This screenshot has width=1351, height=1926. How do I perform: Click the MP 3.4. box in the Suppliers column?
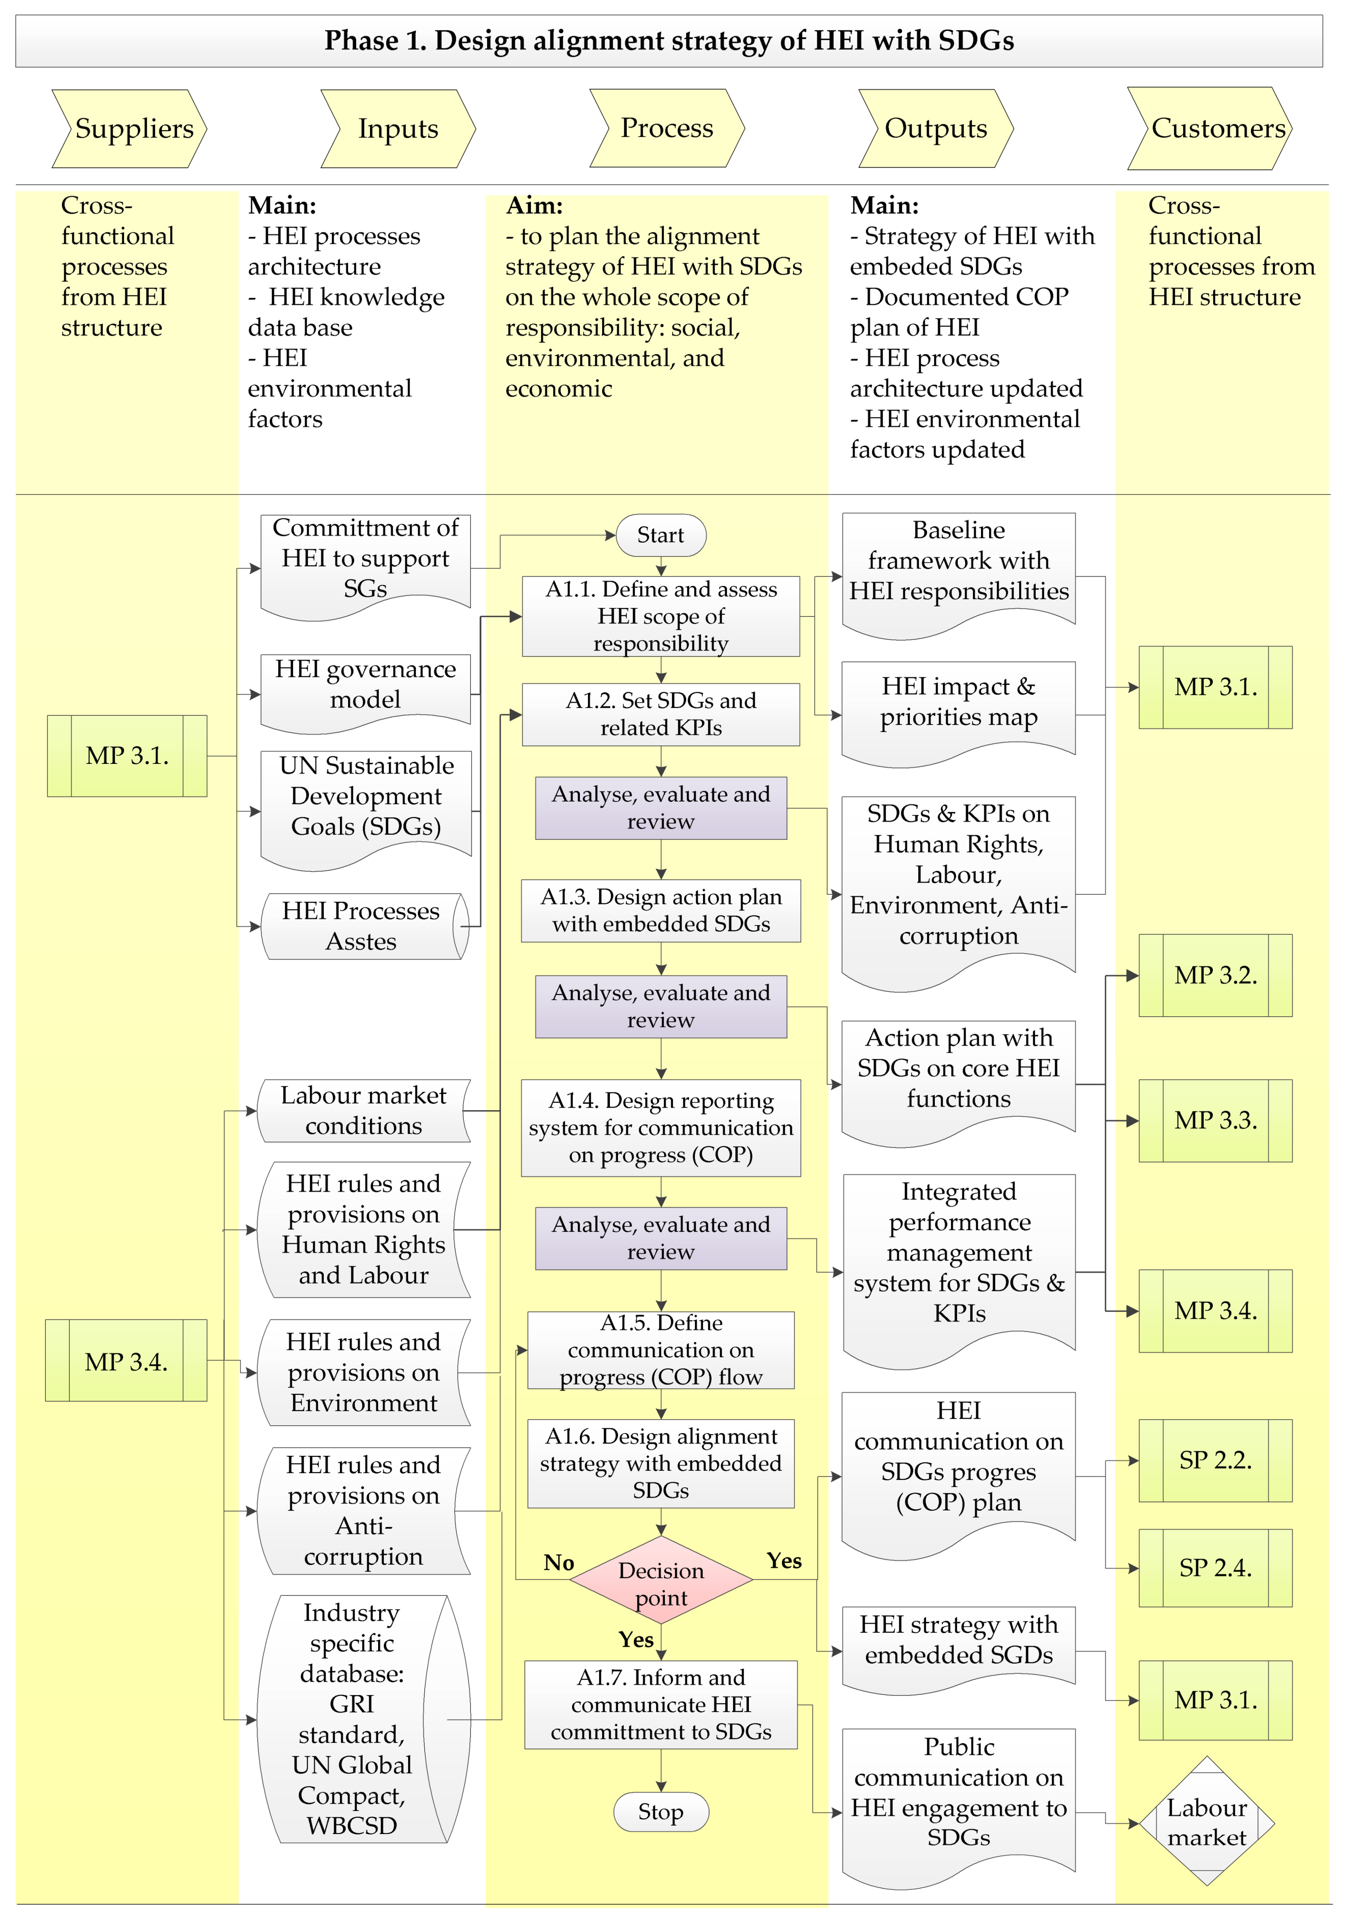(126, 1361)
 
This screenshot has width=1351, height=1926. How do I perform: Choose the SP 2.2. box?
(1215, 1461)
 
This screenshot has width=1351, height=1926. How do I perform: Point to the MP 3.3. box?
(1215, 1121)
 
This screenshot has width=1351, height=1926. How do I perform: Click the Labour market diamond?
(1207, 1822)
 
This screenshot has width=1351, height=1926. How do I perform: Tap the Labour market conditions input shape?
(363, 1111)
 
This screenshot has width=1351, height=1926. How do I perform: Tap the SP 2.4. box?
(1215, 1568)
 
